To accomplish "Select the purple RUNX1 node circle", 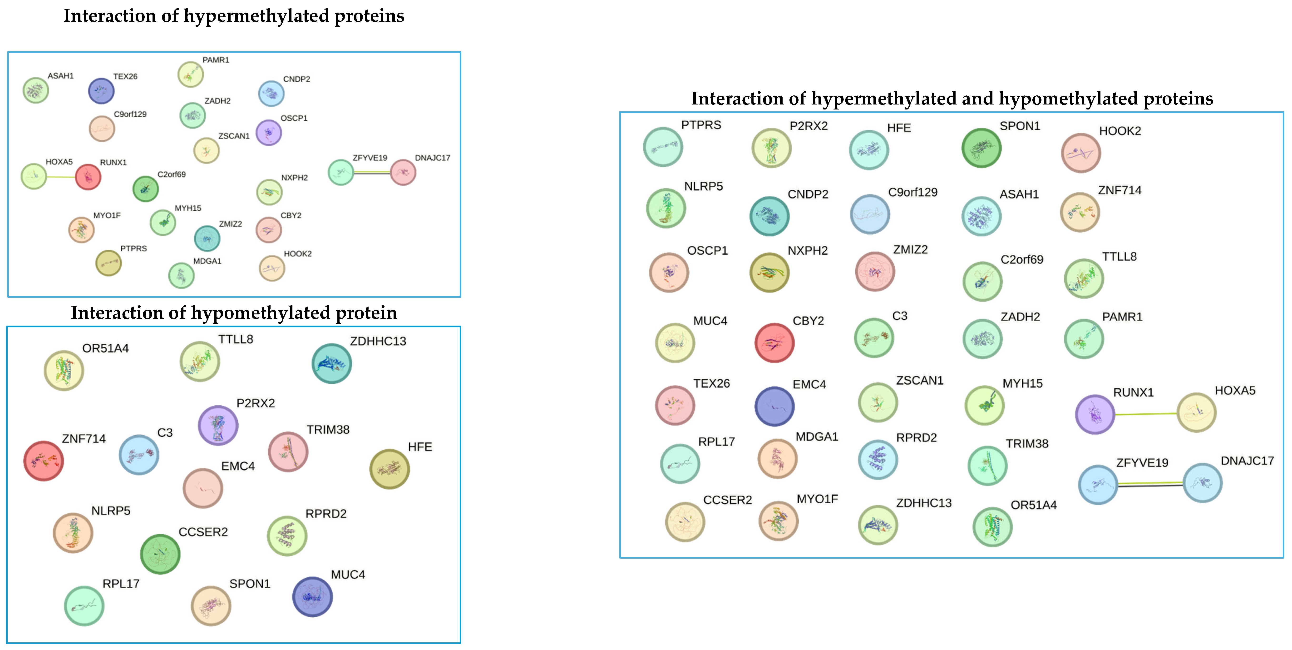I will click(1095, 414).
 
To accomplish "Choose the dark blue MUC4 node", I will click(312, 596).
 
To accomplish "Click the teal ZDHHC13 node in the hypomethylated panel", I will click(331, 363).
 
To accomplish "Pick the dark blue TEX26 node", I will click(101, 91).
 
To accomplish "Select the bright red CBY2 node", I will click(774, 342).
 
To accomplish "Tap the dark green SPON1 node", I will click(981, 148).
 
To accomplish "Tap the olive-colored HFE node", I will click(389, 469).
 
